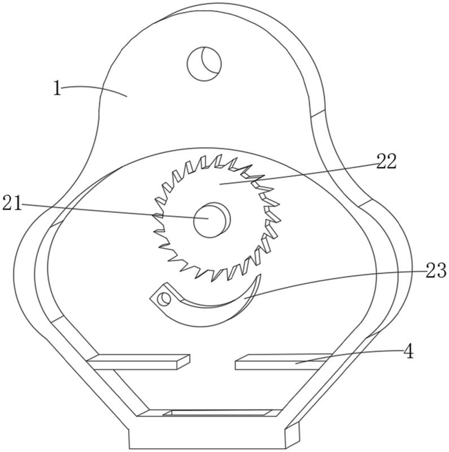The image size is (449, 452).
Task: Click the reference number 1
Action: point(58,88)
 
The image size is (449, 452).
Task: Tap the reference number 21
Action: point(12,203)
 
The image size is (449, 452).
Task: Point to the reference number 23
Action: point(436,271)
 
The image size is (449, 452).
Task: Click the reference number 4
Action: point(408,351)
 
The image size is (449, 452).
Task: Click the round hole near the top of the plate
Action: point(204,63)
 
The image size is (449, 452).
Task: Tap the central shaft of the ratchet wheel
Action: point(212,220)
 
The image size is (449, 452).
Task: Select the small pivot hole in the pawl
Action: point(165,298)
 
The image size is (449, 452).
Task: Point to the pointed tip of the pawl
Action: point(260,275)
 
